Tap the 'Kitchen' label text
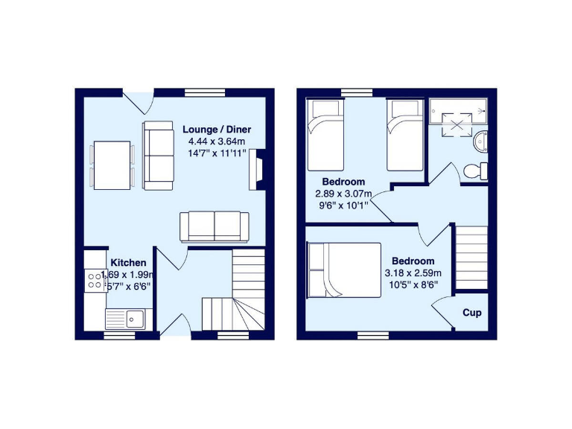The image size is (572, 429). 128,263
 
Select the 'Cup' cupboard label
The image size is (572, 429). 471,313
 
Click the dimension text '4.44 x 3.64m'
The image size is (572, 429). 216,141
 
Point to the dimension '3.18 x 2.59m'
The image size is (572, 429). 413,273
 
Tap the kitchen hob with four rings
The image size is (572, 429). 95,280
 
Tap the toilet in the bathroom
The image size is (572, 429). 475,171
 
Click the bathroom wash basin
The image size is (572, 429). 481,139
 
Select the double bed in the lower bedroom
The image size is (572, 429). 344,269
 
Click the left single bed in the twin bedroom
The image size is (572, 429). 325,134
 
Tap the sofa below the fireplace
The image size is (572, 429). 214,226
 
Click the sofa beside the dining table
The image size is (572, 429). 158,155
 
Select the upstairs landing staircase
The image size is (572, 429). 471,256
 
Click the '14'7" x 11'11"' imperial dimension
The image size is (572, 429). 216,153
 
